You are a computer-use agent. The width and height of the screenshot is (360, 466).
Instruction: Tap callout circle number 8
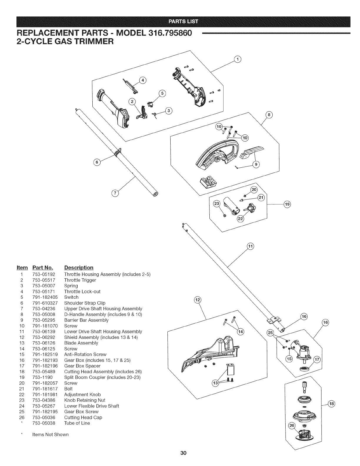tap(269, 114)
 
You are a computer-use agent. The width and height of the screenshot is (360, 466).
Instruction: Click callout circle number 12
tap(198, 300)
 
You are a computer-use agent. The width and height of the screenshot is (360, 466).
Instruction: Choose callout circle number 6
tap(96, 162)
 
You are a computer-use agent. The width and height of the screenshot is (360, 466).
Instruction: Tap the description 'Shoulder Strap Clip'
tap(85, 303)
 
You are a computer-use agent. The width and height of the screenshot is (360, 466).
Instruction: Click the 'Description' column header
tap(79, 267)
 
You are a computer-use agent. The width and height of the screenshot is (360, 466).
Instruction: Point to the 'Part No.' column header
tap(43, 267)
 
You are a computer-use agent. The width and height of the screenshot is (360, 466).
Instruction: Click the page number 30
tap(180, 452)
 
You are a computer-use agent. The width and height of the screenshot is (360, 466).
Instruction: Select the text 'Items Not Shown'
tap(50, 435)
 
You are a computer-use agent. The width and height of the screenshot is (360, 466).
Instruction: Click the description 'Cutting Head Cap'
tap(83, 417)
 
